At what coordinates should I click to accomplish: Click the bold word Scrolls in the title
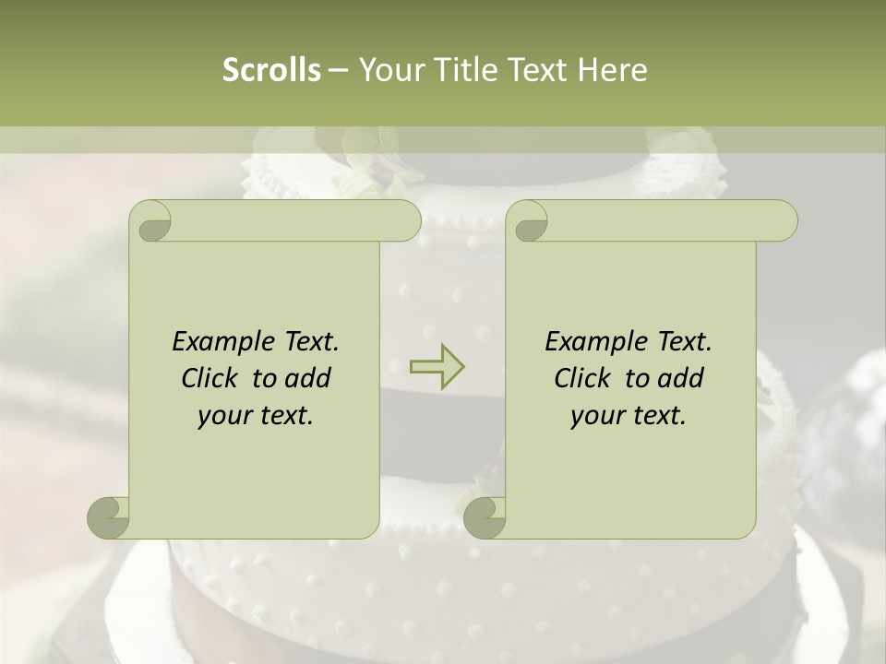[272, 70]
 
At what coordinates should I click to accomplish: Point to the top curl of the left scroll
[151, 221]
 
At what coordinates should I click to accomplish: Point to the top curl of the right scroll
[528, 221]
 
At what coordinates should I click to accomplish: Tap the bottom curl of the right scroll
[485, 517]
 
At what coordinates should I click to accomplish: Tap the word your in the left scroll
[223, 416]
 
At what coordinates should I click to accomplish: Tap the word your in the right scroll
[596, 416]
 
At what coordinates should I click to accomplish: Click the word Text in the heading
[536, 70]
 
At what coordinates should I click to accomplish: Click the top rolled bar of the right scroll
[664, 221]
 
